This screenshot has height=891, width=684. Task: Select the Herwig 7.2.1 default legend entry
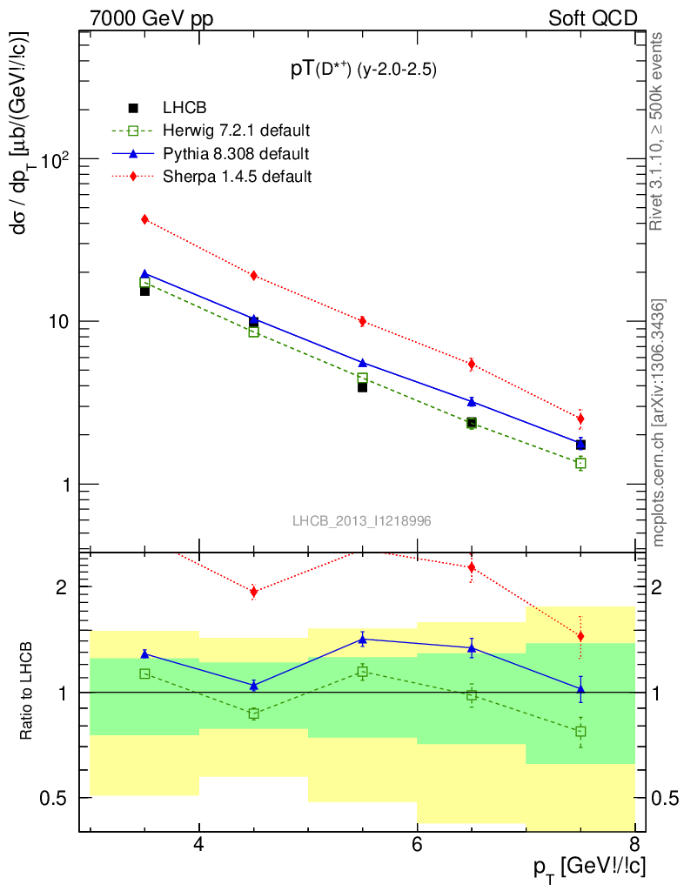(236, 131)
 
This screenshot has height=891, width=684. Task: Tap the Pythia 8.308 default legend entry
(235, 153)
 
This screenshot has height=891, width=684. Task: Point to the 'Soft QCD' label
(593, 18)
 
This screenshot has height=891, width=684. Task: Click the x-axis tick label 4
(199, 844)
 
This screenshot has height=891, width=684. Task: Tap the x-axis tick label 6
(417, 844)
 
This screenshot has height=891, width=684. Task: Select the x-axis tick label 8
(634, 844)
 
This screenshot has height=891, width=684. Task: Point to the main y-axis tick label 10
(57, 321)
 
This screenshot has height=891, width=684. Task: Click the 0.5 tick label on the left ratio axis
(54, 797)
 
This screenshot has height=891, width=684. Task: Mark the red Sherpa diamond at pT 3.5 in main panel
(145, 219)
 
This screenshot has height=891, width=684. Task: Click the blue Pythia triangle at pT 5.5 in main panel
(363, 363)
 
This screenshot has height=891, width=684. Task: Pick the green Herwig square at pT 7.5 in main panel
(580, 463)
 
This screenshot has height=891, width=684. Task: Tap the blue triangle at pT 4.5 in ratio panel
(254, 686)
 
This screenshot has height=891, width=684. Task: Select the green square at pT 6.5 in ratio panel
(472, 694)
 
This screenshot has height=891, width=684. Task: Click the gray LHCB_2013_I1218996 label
(361, 520)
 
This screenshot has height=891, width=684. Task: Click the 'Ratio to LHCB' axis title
(29, 691)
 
